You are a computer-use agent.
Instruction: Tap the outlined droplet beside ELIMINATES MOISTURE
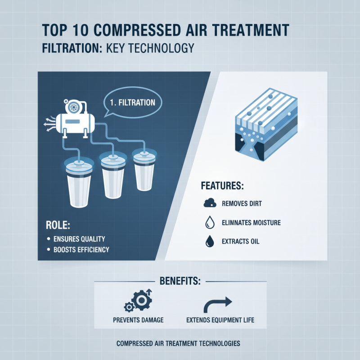click(209, 223)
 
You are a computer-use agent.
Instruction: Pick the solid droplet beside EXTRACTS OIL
click(209, 242)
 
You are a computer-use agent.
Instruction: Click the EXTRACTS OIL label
click(240, 242)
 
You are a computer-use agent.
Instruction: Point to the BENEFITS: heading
click(180, 282)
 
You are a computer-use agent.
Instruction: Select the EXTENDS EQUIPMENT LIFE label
click(220, 320)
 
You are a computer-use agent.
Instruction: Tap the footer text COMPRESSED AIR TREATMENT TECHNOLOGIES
click(178, 343)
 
